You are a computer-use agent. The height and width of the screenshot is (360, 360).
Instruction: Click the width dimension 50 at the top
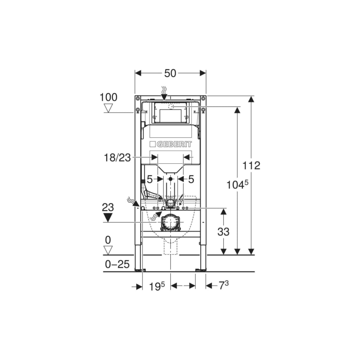coord(170,73)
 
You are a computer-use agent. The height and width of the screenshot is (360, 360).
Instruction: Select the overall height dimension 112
coord(252,165)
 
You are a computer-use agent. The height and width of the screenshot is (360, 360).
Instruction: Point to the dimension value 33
coord(223,232)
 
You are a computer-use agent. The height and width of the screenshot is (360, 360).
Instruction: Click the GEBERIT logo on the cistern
coord(171,144)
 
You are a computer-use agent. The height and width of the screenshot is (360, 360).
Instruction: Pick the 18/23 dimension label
coord(117,158)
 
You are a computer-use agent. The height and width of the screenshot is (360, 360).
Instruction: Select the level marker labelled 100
coord(108,97)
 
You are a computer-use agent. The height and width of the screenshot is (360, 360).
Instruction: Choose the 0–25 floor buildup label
coord(117,264)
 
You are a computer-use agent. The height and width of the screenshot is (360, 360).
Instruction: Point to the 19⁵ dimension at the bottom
coord(157,286)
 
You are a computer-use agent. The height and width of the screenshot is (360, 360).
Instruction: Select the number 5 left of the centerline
coord(150,179)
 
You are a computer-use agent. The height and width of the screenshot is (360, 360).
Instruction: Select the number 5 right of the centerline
coord(191,179)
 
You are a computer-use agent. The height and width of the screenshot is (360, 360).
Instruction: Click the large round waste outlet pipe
coord(170,222)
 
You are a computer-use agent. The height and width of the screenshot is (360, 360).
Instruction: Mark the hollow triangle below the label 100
coord(108,108)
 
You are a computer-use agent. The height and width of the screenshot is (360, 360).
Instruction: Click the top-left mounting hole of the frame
coord(137,98)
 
